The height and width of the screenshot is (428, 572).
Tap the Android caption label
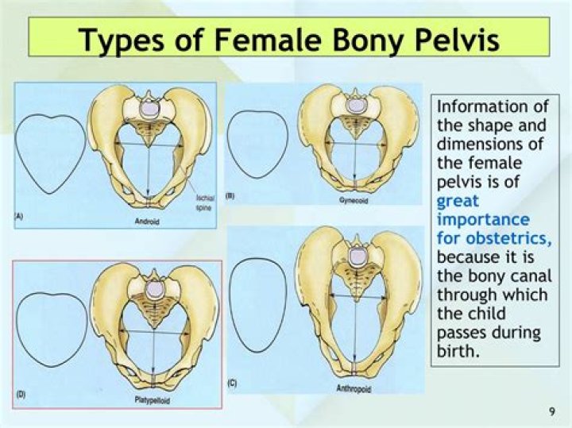tap(146, 222)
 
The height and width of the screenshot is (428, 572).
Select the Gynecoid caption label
tap(354, 201)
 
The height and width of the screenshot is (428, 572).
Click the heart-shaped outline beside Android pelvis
tap(49, 153)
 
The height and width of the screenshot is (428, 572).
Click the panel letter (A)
tap(18, 216)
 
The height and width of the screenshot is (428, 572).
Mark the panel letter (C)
tap(231, 384)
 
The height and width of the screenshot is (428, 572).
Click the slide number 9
tap(551, 411)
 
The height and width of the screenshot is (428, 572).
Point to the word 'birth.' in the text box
tap(459, 349)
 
